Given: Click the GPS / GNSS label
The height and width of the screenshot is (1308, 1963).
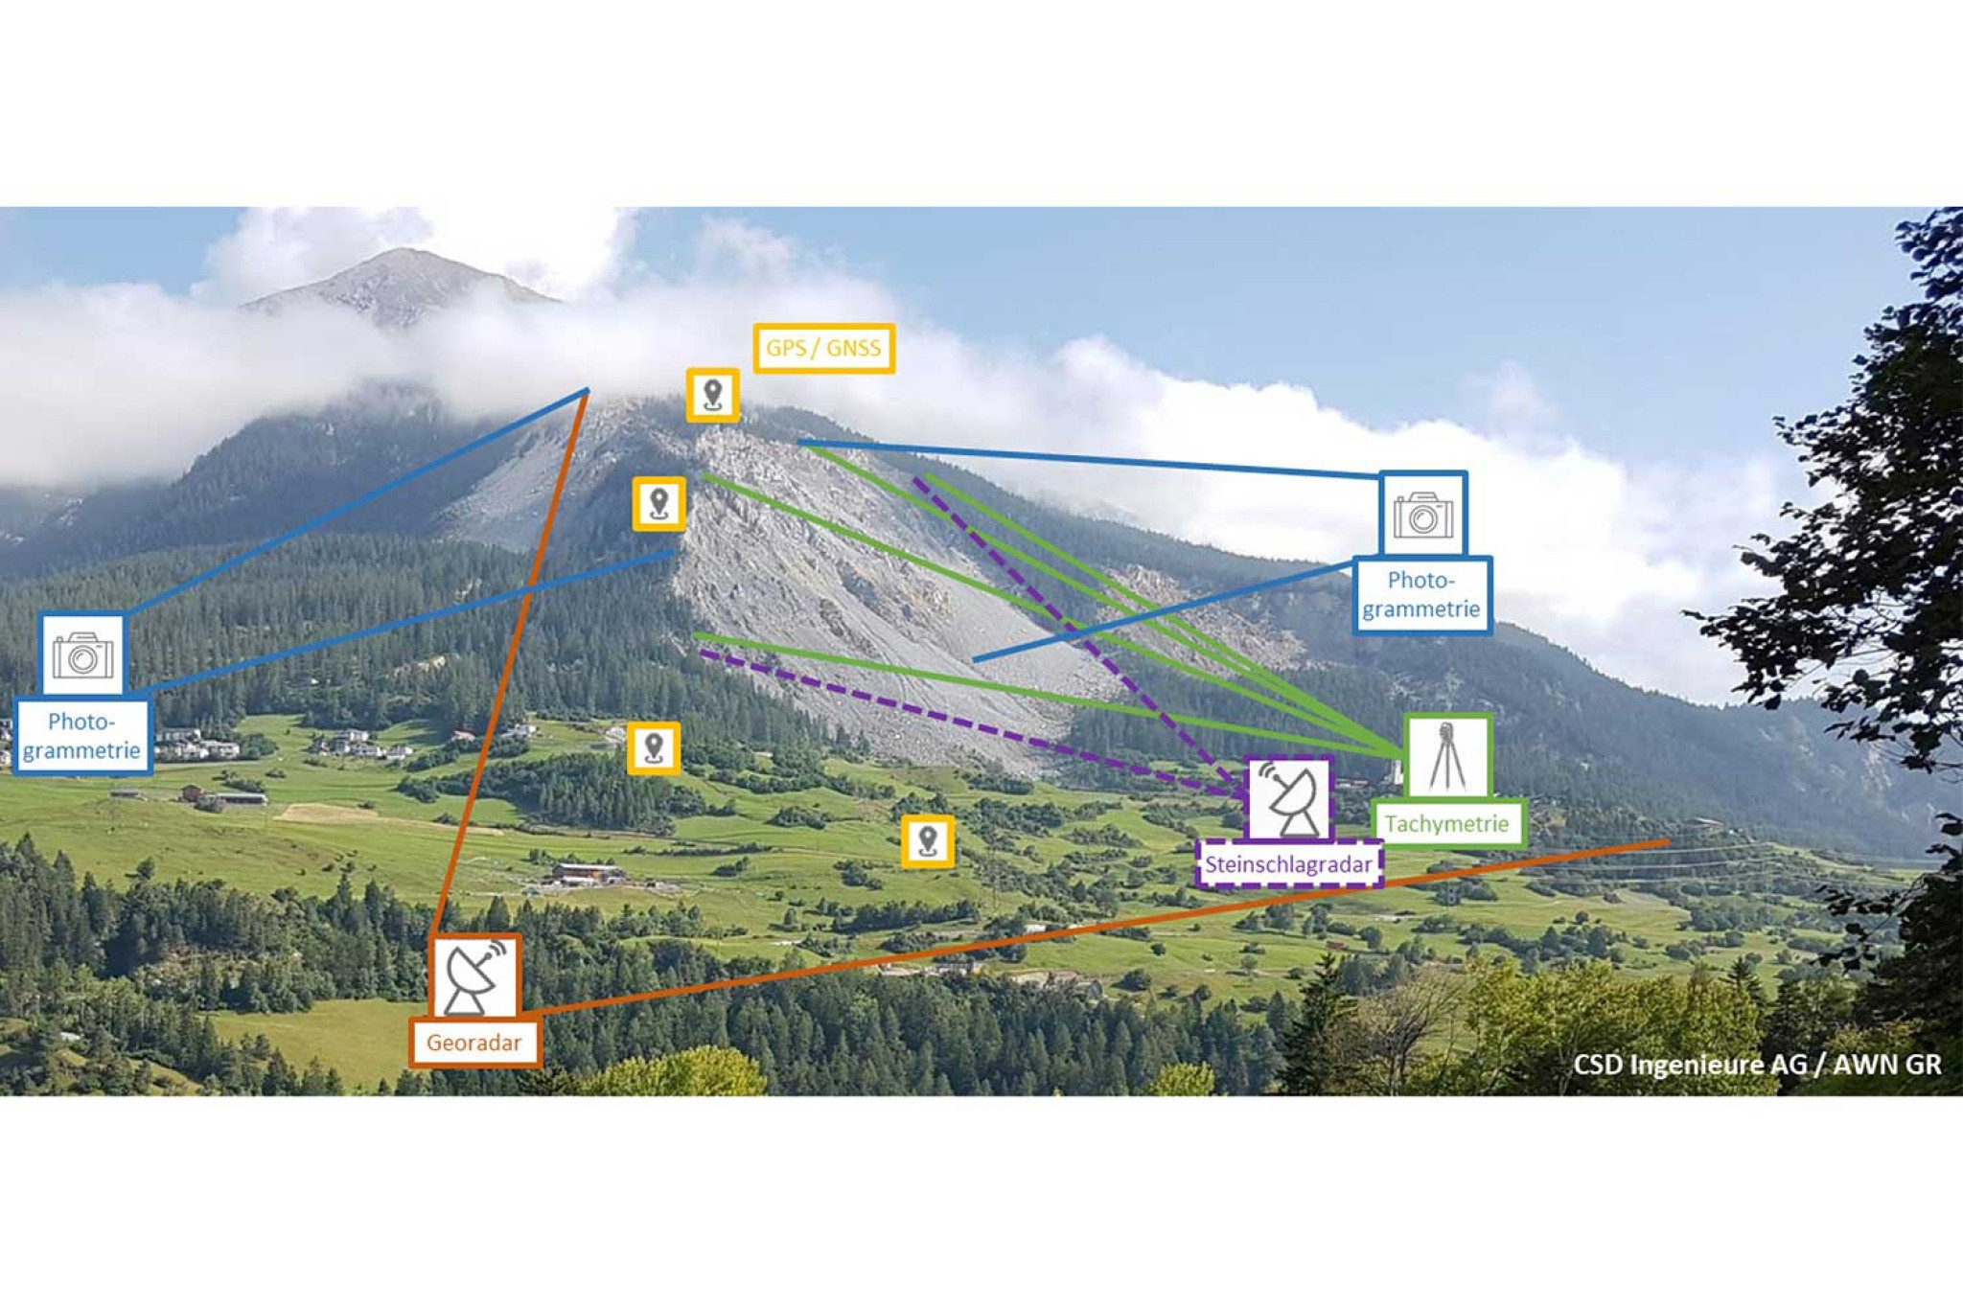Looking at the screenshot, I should pyautogui.click(x=823, y=348).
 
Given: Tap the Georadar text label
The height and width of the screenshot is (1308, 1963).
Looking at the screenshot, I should pyautogui.click(x=474, y=1043).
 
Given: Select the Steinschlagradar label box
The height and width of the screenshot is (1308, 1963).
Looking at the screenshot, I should pyautogui.click(x=1288, y=864).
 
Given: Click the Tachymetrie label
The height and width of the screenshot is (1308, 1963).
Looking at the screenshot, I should pyautogui.click(x=1446, y=823).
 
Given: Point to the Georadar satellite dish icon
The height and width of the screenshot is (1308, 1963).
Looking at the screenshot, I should pyautogui.click(x=474, y=976).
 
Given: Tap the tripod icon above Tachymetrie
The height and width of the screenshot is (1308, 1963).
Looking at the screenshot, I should pyautogui.click(x=1447, y=756).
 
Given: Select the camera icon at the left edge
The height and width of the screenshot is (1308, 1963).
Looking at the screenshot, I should pyautogui.click(x=82, y=654).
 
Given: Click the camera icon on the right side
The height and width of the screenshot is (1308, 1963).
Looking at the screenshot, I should pyautogui.click(x=1422, y=515).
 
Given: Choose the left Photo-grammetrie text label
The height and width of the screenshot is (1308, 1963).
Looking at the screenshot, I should pyautogui.click(x=81, y=736).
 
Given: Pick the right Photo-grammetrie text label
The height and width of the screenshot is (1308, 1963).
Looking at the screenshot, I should pyautogui.click(x=1421, y=594).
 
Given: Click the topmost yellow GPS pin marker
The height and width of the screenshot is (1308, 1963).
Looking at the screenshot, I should pyautogui.click(x=712, y=395).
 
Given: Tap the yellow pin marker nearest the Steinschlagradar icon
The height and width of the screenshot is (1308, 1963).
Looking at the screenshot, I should pyautogui.click(x=927, y=841).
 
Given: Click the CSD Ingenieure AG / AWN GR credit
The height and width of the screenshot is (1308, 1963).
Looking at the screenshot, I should pyautogui.click(x=1756, y=1065).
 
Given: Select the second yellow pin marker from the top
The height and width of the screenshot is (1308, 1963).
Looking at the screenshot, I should pyautogui.click(x=658, y=503).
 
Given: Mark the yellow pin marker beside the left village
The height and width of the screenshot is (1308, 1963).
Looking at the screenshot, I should pyautogui.click(x=654, y=747).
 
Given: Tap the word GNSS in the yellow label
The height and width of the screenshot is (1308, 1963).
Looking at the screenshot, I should pyautogui.click(x=852, y=348).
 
